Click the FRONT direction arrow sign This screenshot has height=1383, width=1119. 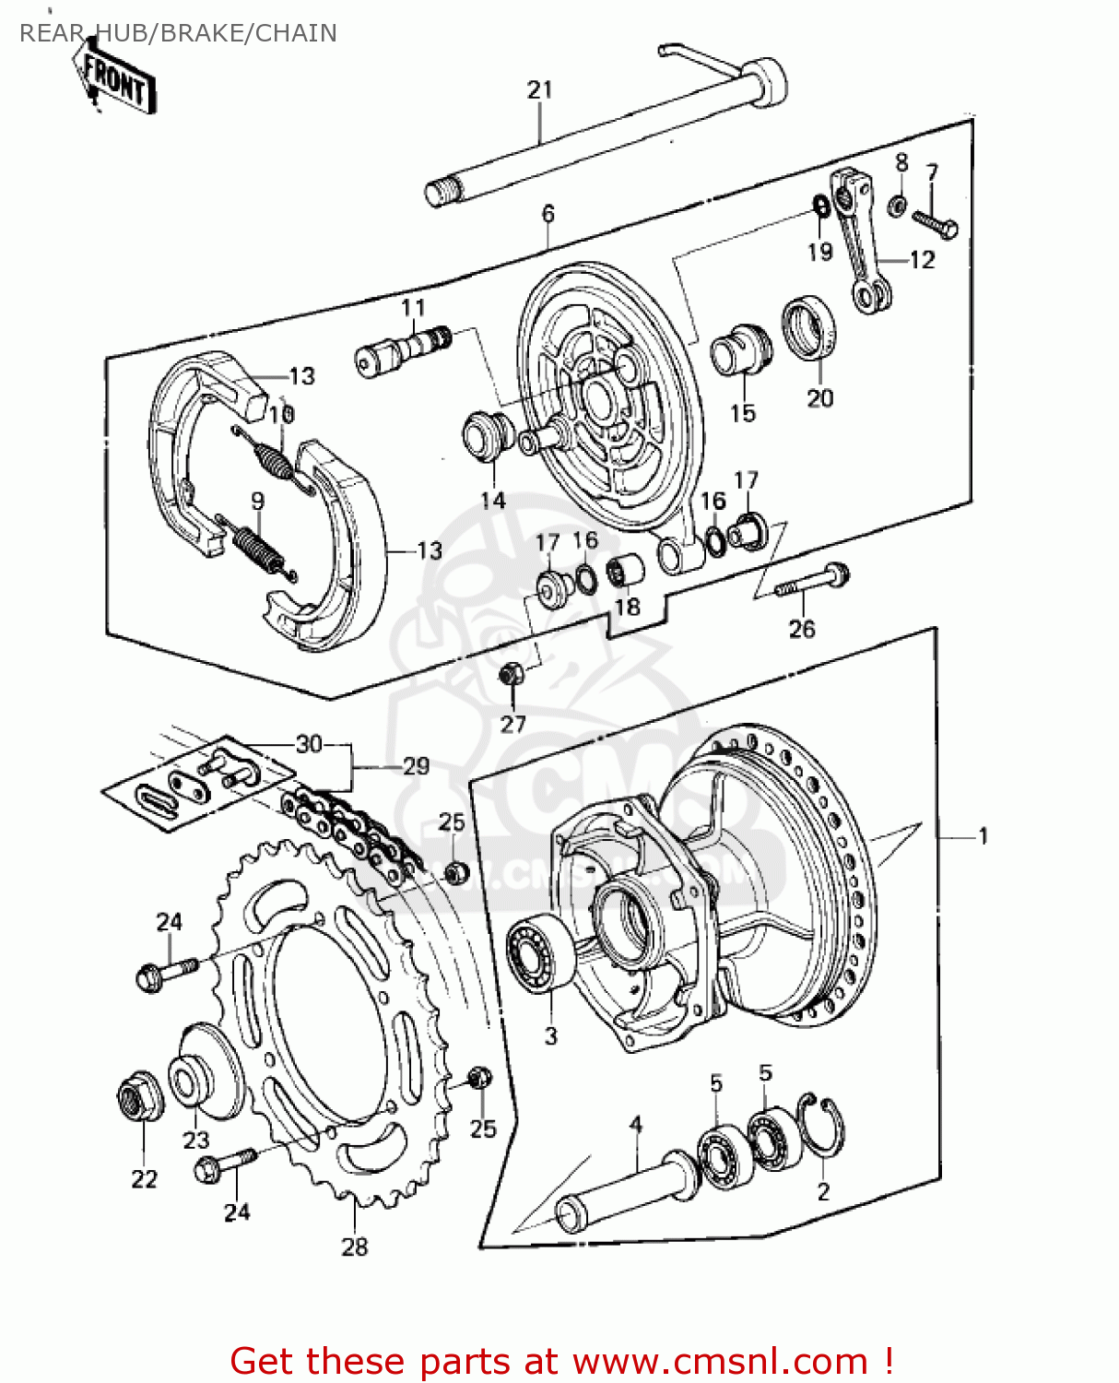[x=116, y=81]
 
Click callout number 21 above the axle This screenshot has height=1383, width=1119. [x=540, y=89]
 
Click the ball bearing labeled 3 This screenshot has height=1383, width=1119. [x=540, y=954]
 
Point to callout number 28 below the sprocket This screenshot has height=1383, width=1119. [x=355, y=1247]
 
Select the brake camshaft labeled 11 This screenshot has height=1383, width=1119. [x=403, y=349]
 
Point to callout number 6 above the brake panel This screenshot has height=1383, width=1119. [x=548, y=214]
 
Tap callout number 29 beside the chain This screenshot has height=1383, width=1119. [x=417, y=766]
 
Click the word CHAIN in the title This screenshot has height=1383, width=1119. [x=295, y=33]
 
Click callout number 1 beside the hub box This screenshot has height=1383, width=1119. [x=984, y=836]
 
